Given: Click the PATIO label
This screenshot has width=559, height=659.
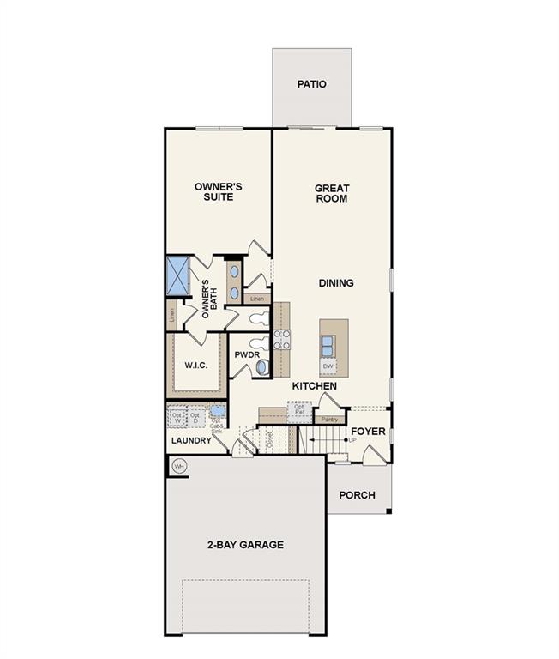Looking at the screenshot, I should point(312,84).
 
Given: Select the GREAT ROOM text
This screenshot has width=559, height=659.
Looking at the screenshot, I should point(331,193).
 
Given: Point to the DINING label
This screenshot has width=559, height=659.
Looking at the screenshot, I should point(336,283).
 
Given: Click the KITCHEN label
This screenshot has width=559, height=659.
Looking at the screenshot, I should point(314,386).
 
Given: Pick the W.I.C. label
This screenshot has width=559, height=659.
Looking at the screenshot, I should point(196,365).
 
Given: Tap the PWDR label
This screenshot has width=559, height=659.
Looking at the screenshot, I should point(247,354).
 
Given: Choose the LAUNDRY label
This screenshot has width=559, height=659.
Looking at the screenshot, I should point(190,440).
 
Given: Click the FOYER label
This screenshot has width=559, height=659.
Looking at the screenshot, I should point(368,431).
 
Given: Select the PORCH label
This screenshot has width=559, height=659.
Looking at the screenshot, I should point(357,495).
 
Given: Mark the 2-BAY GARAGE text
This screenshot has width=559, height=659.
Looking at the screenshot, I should point(244,545).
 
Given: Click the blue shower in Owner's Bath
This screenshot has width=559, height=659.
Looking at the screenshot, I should point(177,275).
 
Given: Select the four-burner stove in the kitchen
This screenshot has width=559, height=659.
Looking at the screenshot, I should point(281,340).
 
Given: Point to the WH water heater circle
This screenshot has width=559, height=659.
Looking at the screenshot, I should point(179,466).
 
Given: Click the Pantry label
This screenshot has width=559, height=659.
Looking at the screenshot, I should point(329,419).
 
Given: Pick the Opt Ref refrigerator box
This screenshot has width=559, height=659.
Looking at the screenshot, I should point(299,408).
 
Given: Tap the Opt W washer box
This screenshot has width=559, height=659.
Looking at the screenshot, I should point(177,418).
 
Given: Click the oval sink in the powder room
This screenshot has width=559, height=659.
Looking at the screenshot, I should point(262,367).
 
